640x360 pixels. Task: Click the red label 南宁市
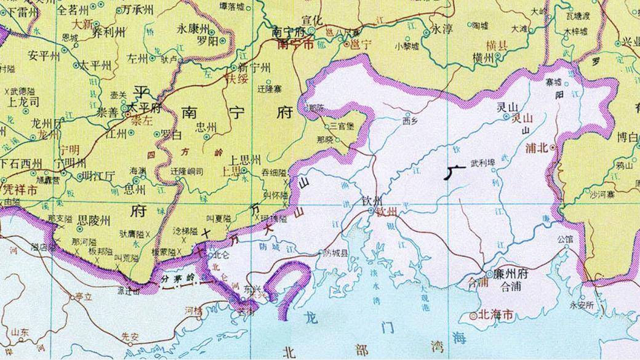(x=296, y=44)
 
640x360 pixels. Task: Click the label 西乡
(x=410, y=120)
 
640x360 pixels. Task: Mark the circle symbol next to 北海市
(x=473, y=316)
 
